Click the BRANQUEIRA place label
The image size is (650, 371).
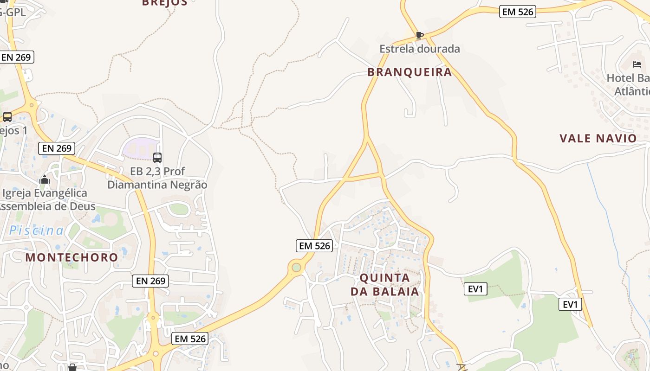409,72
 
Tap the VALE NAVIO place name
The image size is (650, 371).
598,138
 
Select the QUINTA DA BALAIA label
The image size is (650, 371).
385,284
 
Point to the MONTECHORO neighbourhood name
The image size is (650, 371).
72,257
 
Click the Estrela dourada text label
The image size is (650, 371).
420,49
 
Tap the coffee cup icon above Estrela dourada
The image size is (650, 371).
420,35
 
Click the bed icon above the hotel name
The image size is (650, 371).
637,64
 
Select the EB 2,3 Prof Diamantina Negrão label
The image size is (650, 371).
157,178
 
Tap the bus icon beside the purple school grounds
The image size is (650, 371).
157,158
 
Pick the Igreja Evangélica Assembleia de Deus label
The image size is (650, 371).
45,200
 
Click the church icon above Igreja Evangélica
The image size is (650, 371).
45,179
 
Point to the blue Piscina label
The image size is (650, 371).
37,230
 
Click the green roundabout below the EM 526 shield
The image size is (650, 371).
296,267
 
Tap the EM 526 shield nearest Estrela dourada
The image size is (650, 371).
518,12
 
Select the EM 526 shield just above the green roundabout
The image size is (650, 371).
314,246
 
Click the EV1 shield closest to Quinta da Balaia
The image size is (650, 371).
475,289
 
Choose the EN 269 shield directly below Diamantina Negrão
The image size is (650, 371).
150,281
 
